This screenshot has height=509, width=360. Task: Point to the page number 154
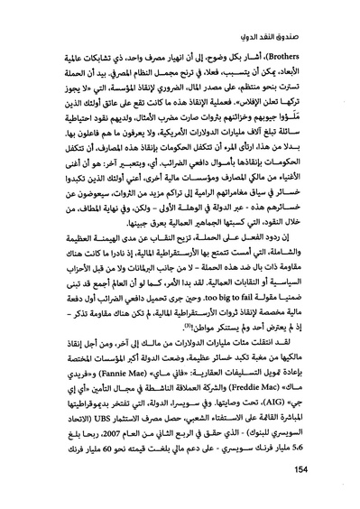[306, 479]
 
